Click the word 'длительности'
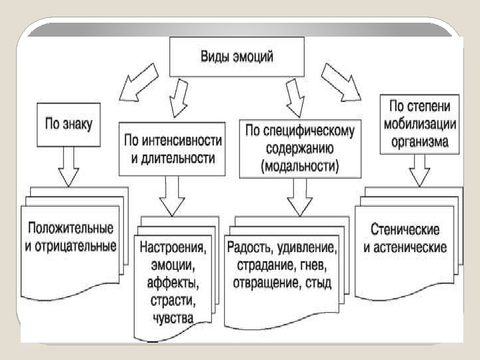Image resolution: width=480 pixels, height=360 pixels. click(181, 159)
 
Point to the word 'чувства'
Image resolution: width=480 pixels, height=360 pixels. click(173, 319)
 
